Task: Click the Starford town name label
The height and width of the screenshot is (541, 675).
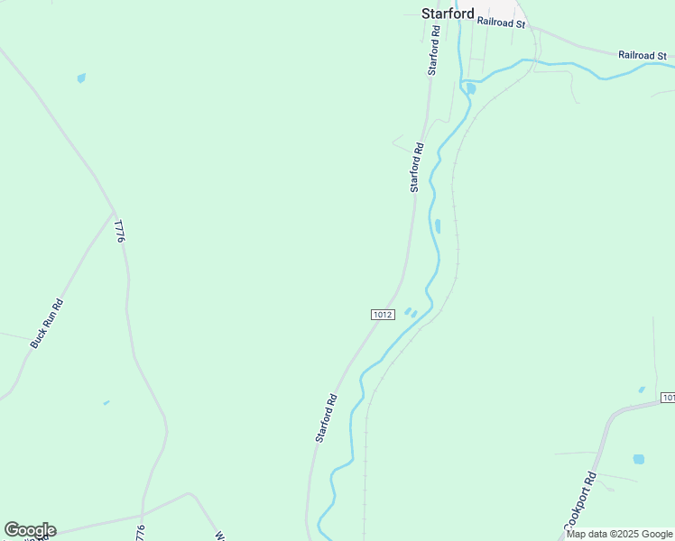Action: click(x=448, y=14)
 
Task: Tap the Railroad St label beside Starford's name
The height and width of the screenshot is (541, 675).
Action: click(x=501, y=22)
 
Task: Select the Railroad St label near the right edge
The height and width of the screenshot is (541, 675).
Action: click(x=642, y=55)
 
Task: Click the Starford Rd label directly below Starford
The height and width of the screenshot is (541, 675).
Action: click(x=435, y=50)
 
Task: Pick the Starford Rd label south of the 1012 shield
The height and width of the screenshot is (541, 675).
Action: click(x=326, y=417)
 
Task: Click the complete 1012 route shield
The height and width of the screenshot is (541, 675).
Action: click(x=382, y=314)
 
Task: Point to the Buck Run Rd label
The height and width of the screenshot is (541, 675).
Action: click(x=47, y=323)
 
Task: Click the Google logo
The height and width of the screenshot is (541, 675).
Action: click(x=30, y=530)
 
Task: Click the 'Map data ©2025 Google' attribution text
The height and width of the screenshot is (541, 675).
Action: click(x=619, y=535)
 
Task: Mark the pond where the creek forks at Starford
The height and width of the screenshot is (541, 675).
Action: click(x=471, y=88)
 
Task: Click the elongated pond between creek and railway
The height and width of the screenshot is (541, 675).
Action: click(x=438, y=225)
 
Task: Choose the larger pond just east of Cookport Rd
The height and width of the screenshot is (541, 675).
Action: click(x=639, y=459)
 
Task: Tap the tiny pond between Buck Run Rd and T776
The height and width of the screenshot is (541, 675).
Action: click(x=106, y=402)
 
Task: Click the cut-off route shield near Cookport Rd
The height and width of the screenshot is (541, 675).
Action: click(x=668, y=398)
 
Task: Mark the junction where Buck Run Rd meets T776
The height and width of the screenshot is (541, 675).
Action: click(x=115, y=213)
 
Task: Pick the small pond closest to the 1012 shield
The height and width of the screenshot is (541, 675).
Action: click(x=408, y=311)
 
